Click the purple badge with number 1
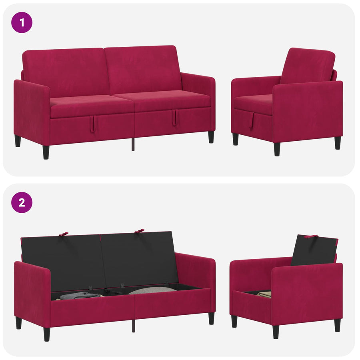(22, 22)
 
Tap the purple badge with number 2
(22, 202)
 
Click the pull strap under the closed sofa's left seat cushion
(92, 124)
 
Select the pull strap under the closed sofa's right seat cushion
(174, 118)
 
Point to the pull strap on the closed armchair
(252, 121)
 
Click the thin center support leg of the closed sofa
(133, 144)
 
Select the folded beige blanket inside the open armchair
(264, 294)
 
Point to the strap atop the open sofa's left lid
(63, 234)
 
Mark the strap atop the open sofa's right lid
(139, 231)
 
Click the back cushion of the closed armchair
(308, 66)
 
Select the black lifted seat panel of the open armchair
(314, 250)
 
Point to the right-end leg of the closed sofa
(211, 137)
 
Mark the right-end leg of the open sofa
(212, 318)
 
